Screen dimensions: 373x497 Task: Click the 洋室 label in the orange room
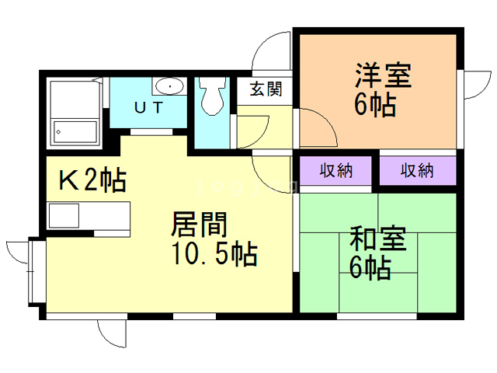[382, 75]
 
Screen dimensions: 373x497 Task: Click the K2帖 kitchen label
[92, 180]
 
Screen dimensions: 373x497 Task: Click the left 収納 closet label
[336, 170]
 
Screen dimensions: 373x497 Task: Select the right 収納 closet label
[417, 170]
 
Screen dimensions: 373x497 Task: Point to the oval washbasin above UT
[168, 85]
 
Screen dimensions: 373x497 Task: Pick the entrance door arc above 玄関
[272, 51]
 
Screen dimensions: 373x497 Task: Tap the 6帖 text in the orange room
[375, 105]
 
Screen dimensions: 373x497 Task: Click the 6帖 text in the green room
[370, 268]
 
